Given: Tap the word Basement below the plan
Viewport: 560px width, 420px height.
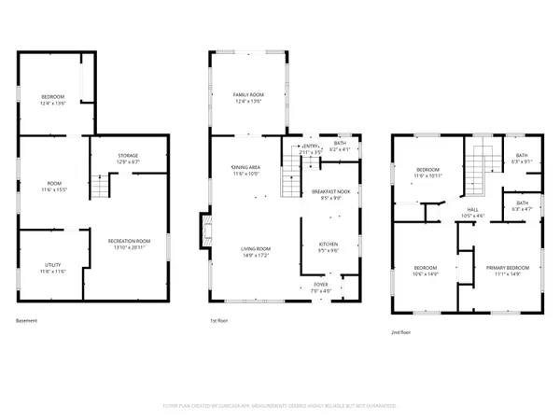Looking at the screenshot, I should [x=27, y=321].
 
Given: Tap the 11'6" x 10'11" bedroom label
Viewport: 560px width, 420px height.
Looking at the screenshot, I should [x=428, y=175].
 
